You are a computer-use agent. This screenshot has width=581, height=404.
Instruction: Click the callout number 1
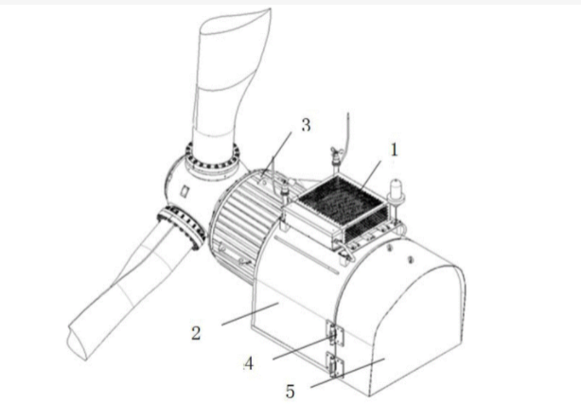pyautogui.click(x=394, y=150)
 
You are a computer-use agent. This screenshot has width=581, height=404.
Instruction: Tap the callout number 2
pyautogui.click(x=197, y=333)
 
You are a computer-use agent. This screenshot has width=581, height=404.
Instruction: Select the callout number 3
pyautogui.click(x=306, y=125)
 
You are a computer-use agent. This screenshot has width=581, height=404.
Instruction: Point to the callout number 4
pyautogui.click(x=249, y=363)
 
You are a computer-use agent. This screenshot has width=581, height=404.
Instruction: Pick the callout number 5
pyautogui.click(x=290, y=392)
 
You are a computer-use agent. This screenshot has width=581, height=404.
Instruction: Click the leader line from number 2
pyautogui.click(x=250, y=313)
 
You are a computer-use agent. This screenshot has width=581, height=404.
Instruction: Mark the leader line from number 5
pyautogui.click(x=347, y=373)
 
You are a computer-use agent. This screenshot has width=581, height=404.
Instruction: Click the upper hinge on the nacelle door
pyautogui.click(x=335, y=334)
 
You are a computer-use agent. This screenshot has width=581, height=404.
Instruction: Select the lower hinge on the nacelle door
pyautogui.click(x=335, y=365)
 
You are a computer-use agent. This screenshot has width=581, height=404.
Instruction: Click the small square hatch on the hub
pyautogui.click(x=185, y=191)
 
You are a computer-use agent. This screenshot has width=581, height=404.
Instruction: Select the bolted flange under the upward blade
pyautogui.click(x=212, y=160)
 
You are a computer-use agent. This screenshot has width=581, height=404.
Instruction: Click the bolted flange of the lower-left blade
pyautogui.click(x=182, y=227)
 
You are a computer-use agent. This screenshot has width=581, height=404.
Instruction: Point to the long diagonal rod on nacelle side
pyautogui.click(x=307, y=255)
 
